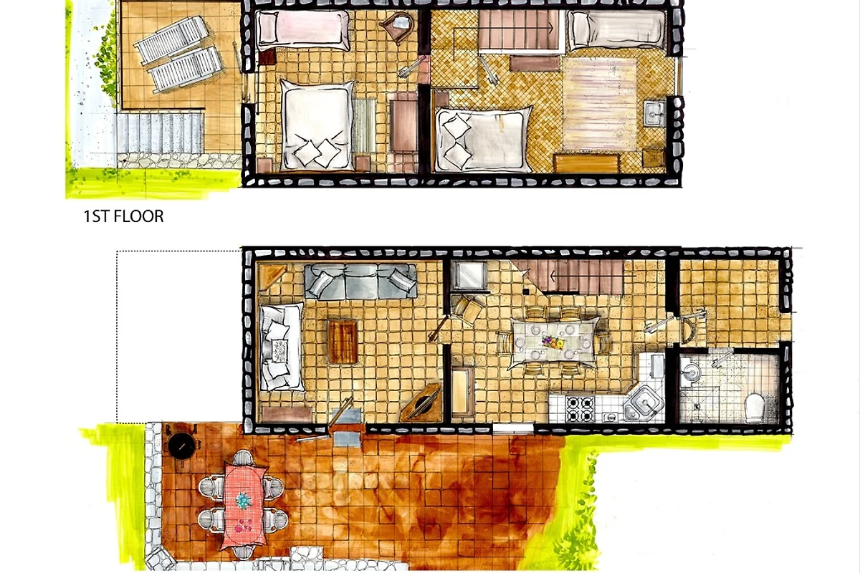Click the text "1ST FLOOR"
click(123, 216)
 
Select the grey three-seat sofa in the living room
click(360, 281)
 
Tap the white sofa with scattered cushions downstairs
click(281, 347)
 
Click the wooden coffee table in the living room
click(343, 342)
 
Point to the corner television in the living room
click(421, 403)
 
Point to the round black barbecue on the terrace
click(181, 447)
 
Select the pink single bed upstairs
click(303, 30)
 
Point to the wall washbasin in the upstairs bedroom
click(655, 112)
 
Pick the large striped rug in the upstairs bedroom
click(601, 104)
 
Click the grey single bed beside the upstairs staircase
click(617, 30)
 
